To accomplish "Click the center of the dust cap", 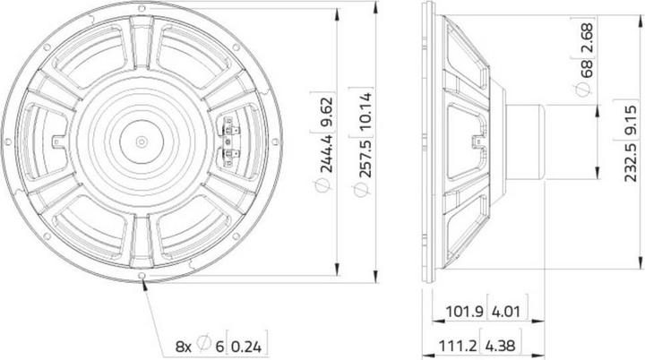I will click(x=142, y=141).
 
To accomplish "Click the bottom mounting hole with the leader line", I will click(x=142, y=277).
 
